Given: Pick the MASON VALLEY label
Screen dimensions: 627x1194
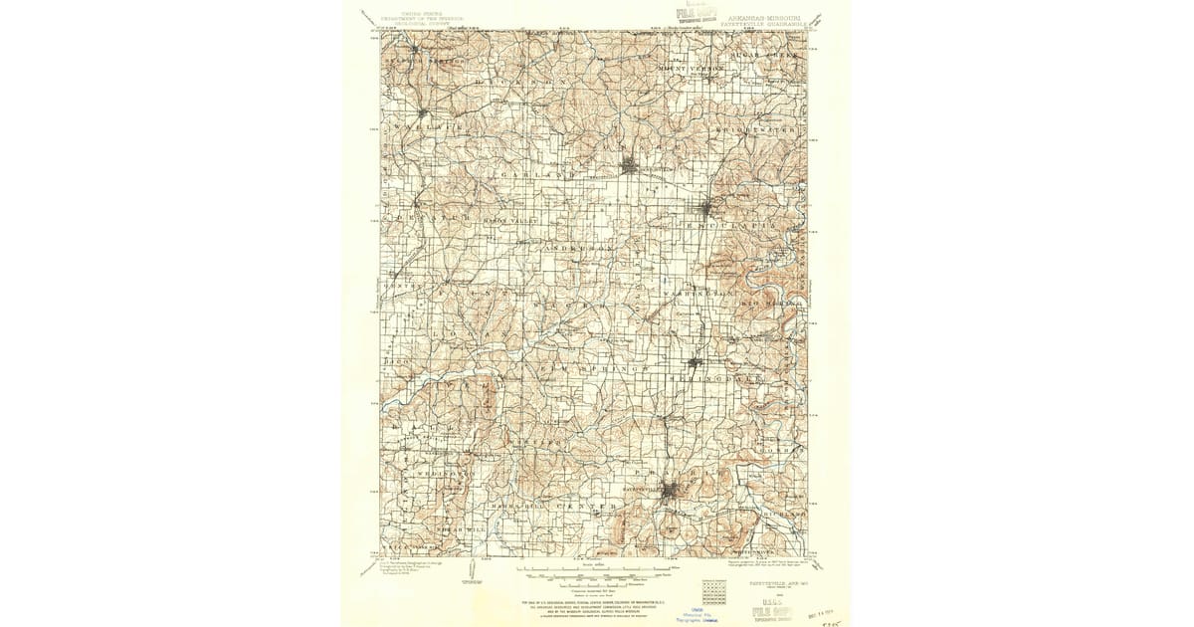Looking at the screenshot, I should point(509,220).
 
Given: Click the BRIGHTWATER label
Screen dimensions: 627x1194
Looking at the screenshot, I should point(770,129).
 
